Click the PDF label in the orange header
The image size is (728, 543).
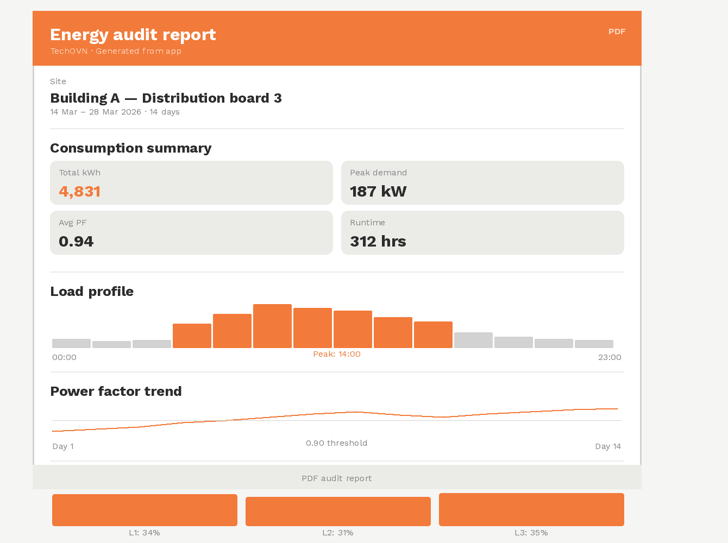coord(617,31)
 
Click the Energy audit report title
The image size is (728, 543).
coord(133,35)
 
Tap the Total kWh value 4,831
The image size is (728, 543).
coord(80,192)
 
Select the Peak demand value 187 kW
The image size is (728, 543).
coord(378,192)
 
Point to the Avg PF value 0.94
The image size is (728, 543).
coord(76,242)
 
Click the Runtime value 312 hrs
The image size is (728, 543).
coord(378,242)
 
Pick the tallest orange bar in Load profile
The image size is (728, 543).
coord(272,326)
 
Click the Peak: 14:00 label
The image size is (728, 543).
coord(337,354)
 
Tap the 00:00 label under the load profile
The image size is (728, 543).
coord(64,357)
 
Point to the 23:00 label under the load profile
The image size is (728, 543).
coord(610,357)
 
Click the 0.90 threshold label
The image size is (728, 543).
coord(337,443)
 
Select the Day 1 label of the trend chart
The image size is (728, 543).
coord(63,446)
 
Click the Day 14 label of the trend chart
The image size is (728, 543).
coord(608,446)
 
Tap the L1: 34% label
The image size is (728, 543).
coord(145,533)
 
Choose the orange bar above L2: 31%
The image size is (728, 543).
coord(338,512)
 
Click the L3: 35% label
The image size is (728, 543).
coord(531,533)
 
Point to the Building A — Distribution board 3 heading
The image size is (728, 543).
coord(166,98)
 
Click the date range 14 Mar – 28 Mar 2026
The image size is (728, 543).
coord(96,112)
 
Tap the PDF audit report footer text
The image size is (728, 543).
coord(337,478)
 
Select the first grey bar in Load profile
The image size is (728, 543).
coord(71,343)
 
